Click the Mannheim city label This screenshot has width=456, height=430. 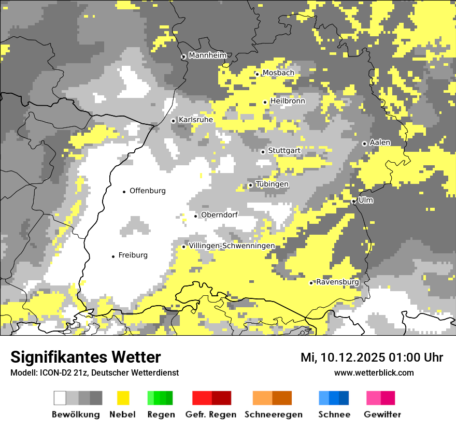coord(208,55)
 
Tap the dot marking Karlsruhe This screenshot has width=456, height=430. coord(174,121)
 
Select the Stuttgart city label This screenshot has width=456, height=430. coord(284,151)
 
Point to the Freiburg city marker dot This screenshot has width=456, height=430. coord(113,256)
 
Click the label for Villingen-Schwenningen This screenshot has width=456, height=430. coord(232,246)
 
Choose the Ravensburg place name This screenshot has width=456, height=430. coord(337,282)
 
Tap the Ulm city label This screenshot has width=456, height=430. coord(365,200)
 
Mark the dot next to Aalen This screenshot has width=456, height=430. coord(364,144)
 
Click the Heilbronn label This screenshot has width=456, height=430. coord(288,101)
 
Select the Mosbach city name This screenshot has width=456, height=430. coord(278,73)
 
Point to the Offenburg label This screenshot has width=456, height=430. coord(148,191)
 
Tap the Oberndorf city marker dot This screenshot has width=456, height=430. coord(195,216)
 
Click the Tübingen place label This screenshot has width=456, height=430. coord(272,184)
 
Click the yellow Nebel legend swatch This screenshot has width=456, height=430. coord(123,398)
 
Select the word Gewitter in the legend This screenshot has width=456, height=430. coord(382,414)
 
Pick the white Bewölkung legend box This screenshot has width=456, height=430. coord(60,398)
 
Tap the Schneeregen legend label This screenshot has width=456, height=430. coord(274,414)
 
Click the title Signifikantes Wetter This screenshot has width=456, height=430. coord(85,357)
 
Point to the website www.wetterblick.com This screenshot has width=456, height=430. coord(374,372)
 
